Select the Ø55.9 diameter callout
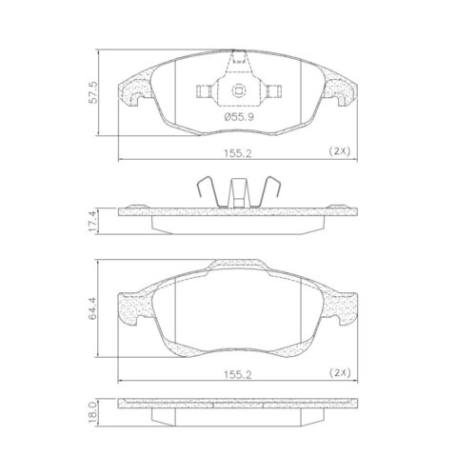(238, 116)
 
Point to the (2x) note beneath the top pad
(340, 151)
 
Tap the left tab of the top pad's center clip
(202, 91)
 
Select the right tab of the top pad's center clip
(275, 91)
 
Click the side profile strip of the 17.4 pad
(238, 218)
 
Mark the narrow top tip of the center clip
(238, 58)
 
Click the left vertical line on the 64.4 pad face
(179, 309)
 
